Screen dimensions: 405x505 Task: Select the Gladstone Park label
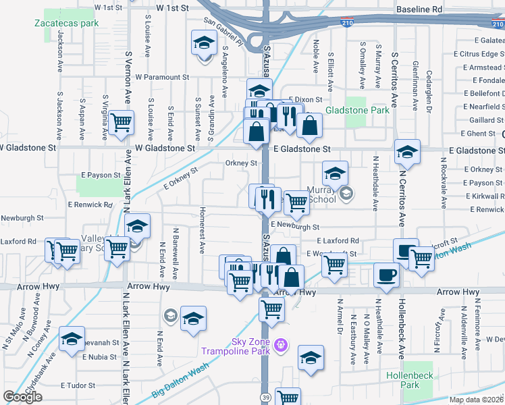click(x=357, y=110)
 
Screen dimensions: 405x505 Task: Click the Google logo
click(x=23, y=396)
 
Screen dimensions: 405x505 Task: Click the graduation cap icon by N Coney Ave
click(x=71, y=340)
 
